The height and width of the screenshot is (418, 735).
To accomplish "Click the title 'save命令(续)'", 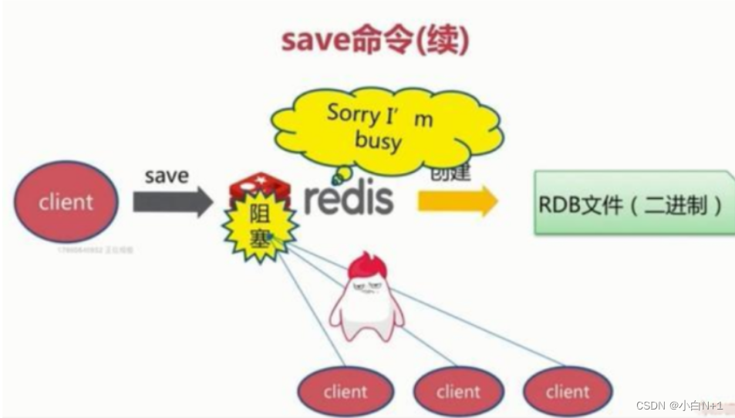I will [x=375, y=40].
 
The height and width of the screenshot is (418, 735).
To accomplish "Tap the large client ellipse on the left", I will [x=66, y=202].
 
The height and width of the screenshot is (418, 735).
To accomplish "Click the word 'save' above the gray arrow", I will [x=166, y=176].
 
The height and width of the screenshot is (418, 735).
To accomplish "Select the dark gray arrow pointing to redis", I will [x=172, y=202].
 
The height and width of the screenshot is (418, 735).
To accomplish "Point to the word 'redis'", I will [x=348, y=199].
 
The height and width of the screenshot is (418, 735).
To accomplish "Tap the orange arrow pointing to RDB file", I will [x=457, y=201].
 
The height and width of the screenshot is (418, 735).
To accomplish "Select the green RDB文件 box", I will [x=632, y=204].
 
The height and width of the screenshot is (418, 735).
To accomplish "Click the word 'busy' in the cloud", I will [x=378, y=140].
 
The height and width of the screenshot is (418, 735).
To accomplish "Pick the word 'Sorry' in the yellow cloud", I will [x=354, y=113].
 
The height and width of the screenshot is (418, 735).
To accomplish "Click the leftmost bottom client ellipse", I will [x=345, y=391].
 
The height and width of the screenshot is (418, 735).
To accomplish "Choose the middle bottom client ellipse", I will [x=458, y=391].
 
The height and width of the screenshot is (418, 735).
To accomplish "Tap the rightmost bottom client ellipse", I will [x=567, y=391].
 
